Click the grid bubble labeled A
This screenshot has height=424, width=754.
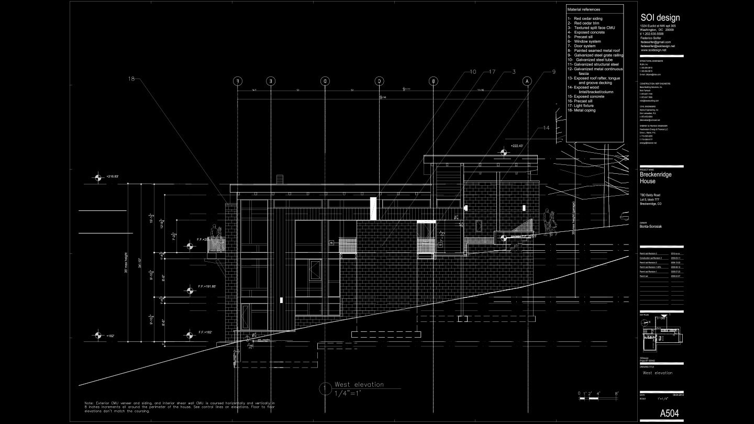point(527,81)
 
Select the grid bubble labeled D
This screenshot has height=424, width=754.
point(325,81)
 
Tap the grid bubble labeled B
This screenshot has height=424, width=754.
point(433,81)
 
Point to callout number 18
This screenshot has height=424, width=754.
point(131,79)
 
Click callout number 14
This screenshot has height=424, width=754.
point(546,128)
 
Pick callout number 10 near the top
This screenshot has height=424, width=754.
point(472,72)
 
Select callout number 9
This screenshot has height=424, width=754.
point(553,72)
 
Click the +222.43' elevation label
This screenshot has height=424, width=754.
point(517,146)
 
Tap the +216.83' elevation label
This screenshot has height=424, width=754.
point(112,177)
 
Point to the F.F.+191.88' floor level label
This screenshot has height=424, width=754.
point(207,286)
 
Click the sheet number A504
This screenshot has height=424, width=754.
point(669,414)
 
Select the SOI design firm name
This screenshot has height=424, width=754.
point(660,18)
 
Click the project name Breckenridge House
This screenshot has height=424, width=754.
point(655,178)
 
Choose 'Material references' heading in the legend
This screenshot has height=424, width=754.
point(583,9)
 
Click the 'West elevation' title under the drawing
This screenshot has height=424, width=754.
point(359,385)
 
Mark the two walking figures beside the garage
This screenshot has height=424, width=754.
point(550,222)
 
